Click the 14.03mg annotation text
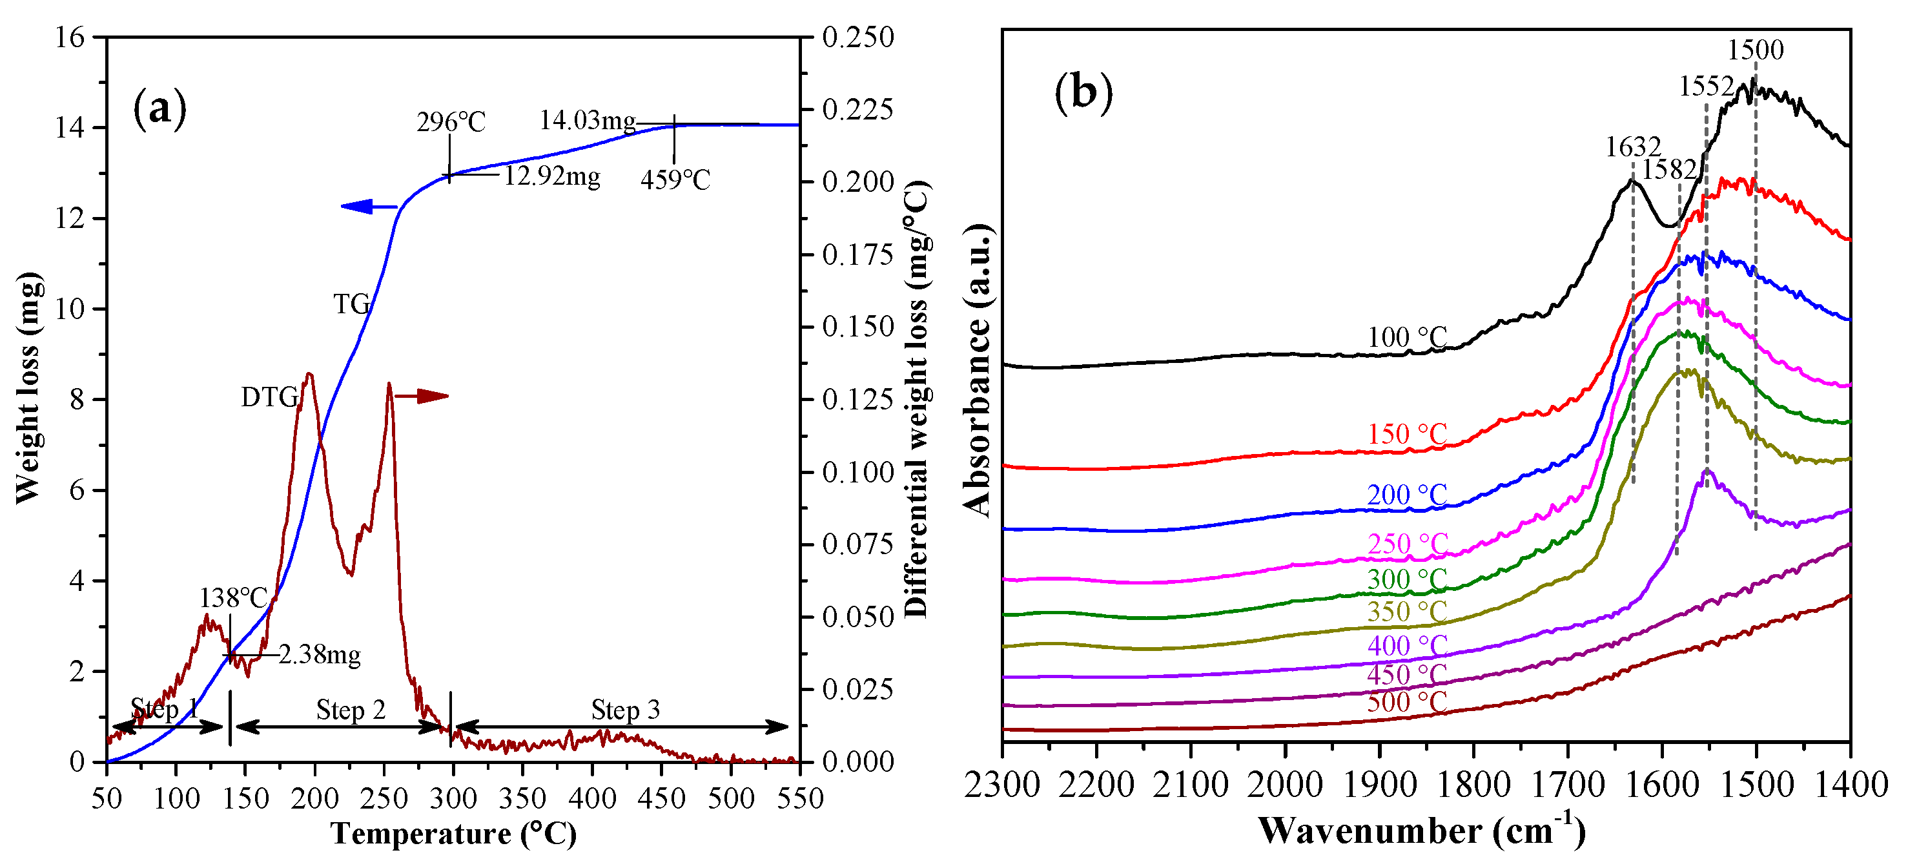pos(588,120)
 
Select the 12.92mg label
pos(553,176)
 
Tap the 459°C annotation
pos(675,180)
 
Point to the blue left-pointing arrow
pos(368,207)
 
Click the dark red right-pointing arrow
pos(422,397)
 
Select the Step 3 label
pos(625,710)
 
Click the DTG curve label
pos(269,398)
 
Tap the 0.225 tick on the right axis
pos(859,110)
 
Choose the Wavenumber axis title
pos(1421,831)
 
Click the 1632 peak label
pos(1632,147)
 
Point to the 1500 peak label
pos(1756,50)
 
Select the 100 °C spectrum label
pos(1406,338)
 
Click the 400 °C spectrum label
pos(1406,646)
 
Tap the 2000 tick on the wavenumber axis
pos(1284,786)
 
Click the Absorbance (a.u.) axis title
pos(978,370)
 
